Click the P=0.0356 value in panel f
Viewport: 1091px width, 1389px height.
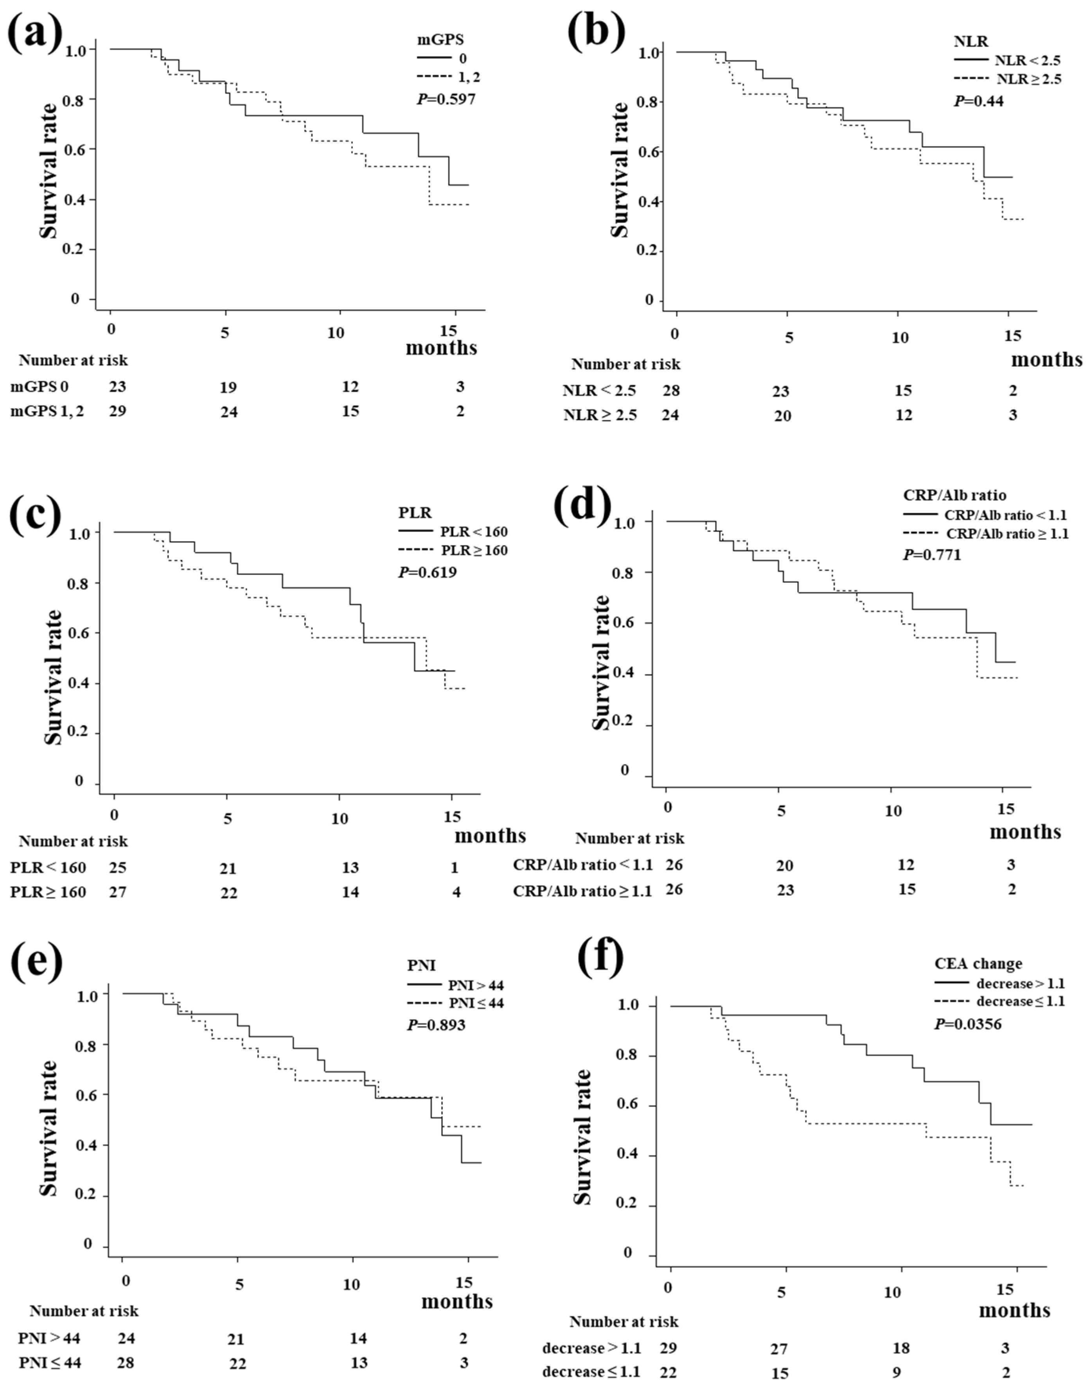968,1024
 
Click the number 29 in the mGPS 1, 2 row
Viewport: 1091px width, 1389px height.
117,411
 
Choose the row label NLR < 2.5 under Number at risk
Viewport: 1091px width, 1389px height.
599,391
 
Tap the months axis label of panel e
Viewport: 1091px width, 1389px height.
457,1301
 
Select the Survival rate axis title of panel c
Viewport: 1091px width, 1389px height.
54,677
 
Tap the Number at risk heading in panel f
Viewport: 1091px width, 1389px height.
624,1321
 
